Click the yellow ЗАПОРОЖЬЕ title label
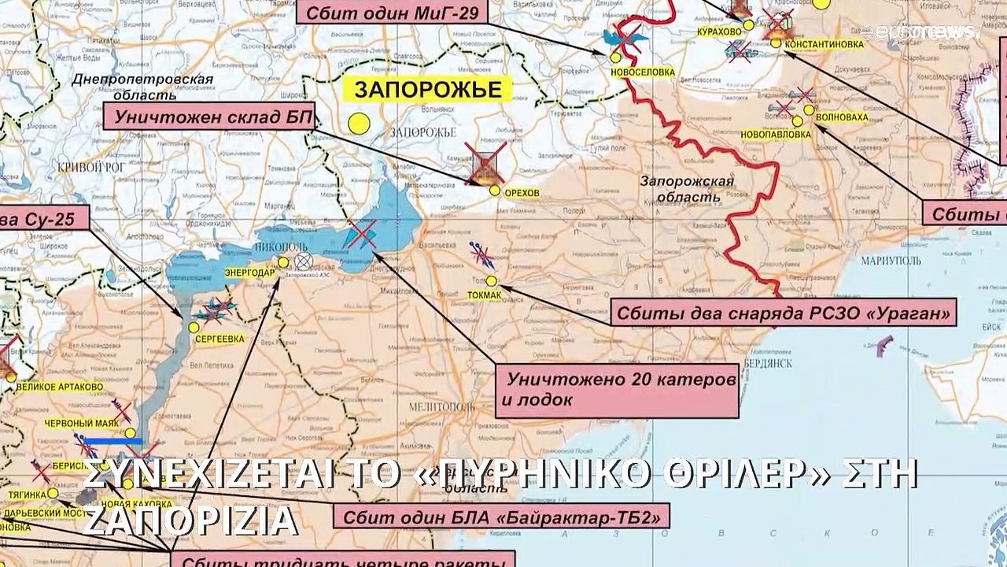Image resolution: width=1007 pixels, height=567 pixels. pos(428,90)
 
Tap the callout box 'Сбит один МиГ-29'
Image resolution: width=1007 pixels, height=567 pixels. pos(391,12)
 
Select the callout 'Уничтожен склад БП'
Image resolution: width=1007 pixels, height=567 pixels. pos(210,117)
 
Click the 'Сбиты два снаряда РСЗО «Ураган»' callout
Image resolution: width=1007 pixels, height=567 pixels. pos(783,313)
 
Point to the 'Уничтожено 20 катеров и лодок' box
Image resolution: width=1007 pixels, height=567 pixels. pos(616,389)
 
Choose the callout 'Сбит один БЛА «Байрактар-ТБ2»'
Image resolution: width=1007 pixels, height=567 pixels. pos(502,517)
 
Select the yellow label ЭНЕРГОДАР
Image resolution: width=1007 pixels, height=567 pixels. pos(249,273)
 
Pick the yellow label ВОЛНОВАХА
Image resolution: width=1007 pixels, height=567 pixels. pos(842,117)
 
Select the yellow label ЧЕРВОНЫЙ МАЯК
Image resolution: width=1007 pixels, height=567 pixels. pos(82,423)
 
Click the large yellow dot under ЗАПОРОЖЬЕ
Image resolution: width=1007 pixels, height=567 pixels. pos(360,123)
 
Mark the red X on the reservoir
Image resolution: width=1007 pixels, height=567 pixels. pos(362,234)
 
